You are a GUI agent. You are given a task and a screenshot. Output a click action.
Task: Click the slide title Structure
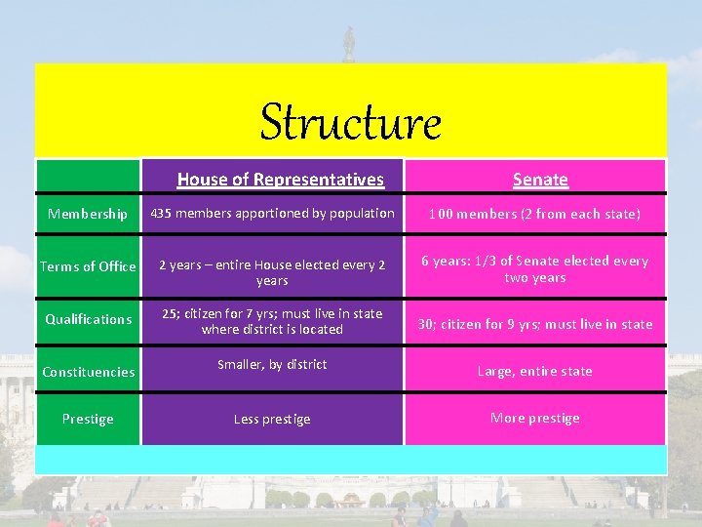pos(350,123)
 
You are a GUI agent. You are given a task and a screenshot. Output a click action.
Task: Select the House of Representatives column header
pos(281,180)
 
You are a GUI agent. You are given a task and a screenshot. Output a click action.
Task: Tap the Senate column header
pos(540,180)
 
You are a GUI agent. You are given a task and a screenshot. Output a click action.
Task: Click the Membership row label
pos(88,214)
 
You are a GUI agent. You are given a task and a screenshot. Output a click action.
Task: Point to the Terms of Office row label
pos(88,266)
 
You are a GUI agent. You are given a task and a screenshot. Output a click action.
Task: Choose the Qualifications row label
pos(88,319)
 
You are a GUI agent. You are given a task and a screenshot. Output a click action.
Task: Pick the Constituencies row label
pos(88,372)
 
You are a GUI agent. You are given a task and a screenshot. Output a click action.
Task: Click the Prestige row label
pos(88,419)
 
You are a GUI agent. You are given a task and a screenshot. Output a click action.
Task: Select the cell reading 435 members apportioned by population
pos(272,213)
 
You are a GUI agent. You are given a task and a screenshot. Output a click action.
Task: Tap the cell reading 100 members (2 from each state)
pos(535,214)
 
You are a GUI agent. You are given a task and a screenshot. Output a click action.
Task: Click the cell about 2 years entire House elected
pos(272,272)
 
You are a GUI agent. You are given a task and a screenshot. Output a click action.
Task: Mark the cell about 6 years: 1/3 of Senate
pos(535,268)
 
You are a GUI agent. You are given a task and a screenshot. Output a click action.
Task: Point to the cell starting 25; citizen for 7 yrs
pos(272,321)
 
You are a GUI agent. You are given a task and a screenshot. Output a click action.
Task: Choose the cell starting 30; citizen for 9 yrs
pos(535,324)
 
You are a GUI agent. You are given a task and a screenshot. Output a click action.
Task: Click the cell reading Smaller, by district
pos(272,364)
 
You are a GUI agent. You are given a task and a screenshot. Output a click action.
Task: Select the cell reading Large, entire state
pos(535,371)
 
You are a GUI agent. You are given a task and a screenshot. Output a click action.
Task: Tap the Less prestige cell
pos(272,419)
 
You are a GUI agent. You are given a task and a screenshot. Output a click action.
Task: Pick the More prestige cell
pos(535,418)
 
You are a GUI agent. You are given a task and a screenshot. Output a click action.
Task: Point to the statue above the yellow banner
pos(347,43)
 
